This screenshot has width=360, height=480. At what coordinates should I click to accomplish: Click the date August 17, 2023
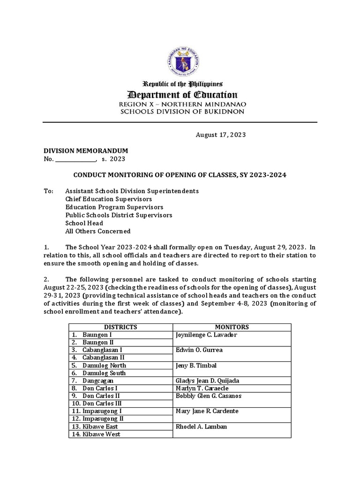point(220,135)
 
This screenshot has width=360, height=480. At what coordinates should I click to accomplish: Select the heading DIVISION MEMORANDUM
point(86,150)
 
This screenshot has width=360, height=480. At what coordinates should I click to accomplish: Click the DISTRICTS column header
point(120,327)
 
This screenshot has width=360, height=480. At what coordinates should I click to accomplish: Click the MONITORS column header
point(232,327)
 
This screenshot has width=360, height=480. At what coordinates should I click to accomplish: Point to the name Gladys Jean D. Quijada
point(210,381)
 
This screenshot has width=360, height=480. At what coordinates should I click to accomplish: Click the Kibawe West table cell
point(101,434)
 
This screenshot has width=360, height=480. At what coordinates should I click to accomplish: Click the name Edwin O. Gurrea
point(199,350)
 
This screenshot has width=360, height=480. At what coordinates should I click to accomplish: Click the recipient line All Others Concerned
point(98,231)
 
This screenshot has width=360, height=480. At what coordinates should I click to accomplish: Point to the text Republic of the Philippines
point(183,84)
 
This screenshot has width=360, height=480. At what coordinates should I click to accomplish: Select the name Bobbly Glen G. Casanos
point(208,396)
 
